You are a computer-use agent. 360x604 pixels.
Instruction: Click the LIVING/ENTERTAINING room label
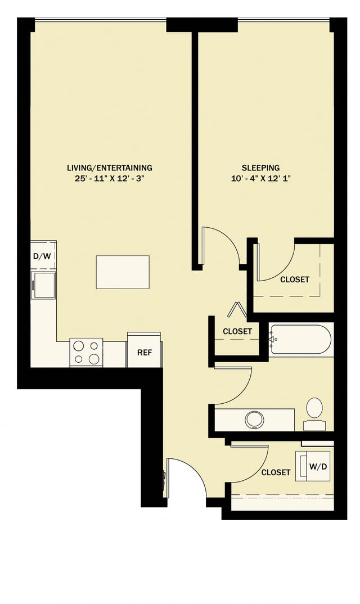click(x=109, y=168)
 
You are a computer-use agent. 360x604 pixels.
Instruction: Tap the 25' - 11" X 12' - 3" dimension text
click(x=109, y=178)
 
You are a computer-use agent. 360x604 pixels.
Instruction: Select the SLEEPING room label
click(x=260, y=168)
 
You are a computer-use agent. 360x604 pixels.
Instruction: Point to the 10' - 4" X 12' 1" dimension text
click(x=260, y=178)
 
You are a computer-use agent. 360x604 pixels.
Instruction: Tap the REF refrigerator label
click(x=145, y=353)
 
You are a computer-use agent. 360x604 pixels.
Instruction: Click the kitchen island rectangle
click(x=123, y=272)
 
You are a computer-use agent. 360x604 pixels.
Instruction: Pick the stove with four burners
click(x=86, y=353)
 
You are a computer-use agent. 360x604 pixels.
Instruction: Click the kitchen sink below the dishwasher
click(x=44, y=284)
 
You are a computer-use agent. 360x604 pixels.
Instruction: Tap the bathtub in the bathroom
click(x=300, y=339)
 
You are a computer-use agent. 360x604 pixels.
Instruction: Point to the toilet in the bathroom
click(x=314, y=409)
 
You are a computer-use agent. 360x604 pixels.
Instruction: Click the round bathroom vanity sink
click(x=255, y=419)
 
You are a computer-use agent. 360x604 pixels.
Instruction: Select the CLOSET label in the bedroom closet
click(x=295, y=279)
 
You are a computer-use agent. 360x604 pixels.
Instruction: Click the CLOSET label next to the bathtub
click(x=237, y=331)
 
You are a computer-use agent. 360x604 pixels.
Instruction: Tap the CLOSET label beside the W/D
click(x=276, y=472)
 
